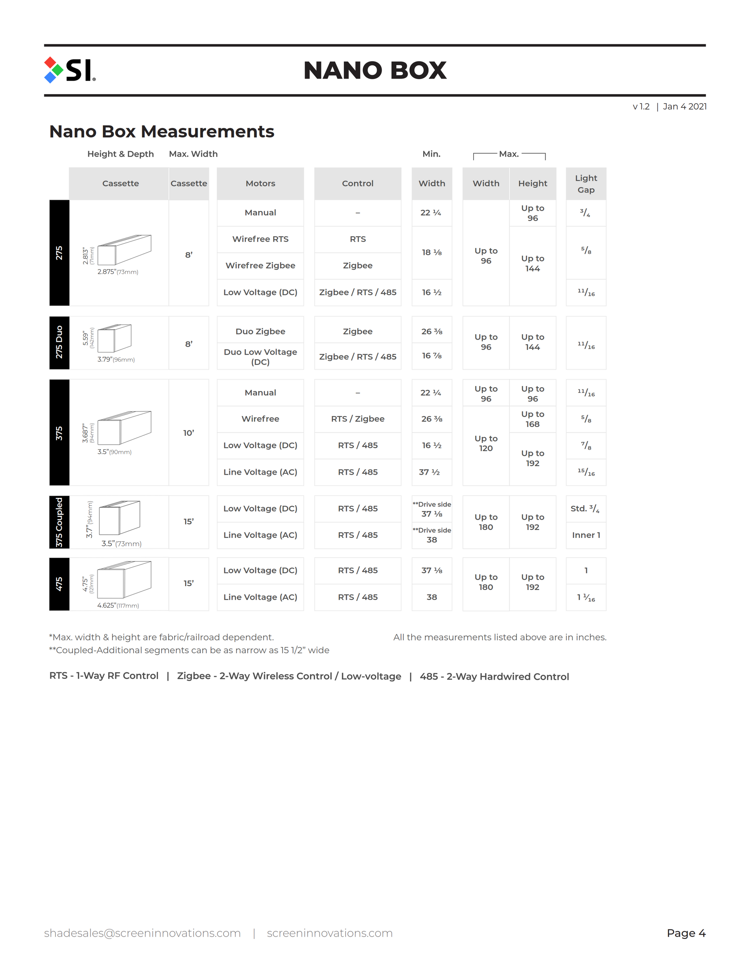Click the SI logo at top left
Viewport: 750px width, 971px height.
[70, 70]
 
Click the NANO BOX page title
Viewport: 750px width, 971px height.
[375, 70]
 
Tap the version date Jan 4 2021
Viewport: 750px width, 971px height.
[684, 107]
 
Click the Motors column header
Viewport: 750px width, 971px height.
[261, 184]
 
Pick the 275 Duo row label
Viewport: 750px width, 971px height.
[59, 342]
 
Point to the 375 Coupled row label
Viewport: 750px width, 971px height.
[59, 522]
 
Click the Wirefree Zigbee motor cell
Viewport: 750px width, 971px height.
[261, 265]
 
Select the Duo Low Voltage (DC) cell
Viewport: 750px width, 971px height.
[261, 357]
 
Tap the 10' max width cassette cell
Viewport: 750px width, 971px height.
[188, 433]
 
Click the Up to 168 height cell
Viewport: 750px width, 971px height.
[532, 419]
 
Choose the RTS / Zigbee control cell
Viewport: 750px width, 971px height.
[358, 419]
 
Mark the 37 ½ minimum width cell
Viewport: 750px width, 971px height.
[430, 472]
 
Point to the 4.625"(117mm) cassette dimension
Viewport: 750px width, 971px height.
[118, 605]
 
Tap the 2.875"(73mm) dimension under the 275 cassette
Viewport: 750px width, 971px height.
[118, 271]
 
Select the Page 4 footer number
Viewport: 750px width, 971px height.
[686, 933]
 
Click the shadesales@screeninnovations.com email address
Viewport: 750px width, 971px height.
[142, 933]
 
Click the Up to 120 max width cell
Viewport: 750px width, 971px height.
[486, 443]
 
